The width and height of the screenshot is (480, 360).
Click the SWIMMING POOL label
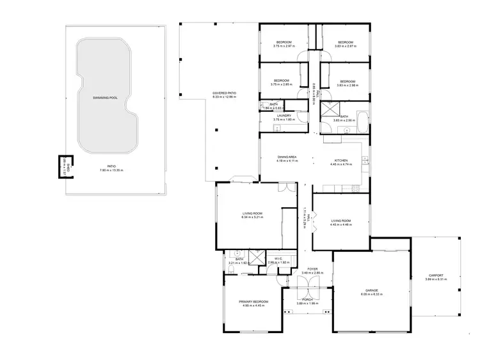click(105, 98)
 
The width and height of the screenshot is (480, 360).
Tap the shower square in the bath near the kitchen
click(332, 107)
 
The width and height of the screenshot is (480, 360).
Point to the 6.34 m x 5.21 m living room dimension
click(252, 217)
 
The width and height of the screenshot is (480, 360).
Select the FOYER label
click(312, 269)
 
